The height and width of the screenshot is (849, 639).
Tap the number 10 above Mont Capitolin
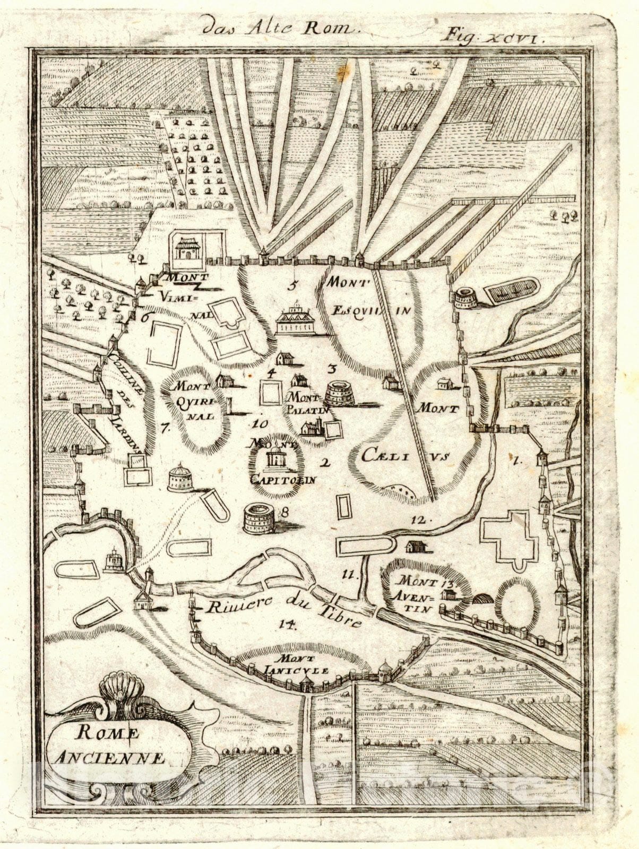point(261,423)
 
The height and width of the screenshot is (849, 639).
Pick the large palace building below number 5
point(296,320)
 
